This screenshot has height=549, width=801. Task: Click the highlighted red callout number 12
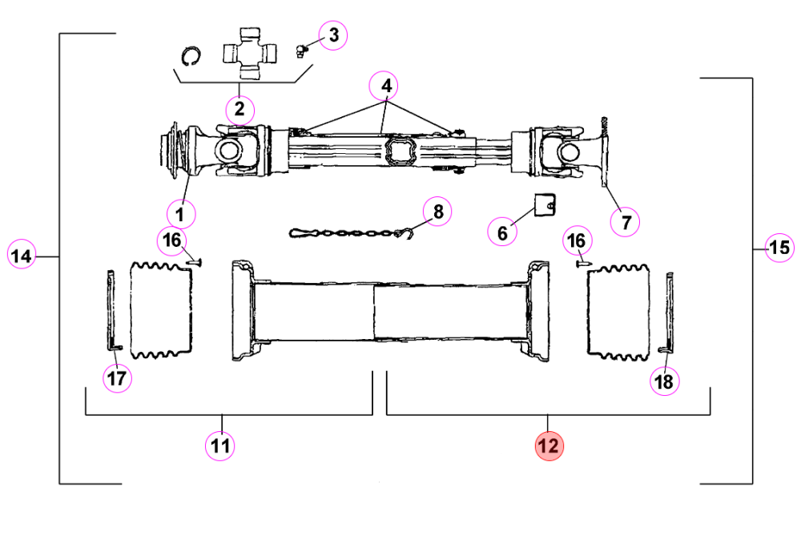click(x=549, y=446)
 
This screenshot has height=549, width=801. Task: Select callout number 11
click(x=220, y=446)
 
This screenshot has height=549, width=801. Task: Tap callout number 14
click(x=22, y=255)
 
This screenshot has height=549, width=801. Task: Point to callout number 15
click(x=779, y=248)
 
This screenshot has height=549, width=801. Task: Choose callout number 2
click(x=239, y=109)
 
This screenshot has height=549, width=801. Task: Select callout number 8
click(x=437, y=211)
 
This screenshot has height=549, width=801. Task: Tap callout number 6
click(x=502, y=232)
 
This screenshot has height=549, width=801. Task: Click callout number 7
click(x=626, y=222)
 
